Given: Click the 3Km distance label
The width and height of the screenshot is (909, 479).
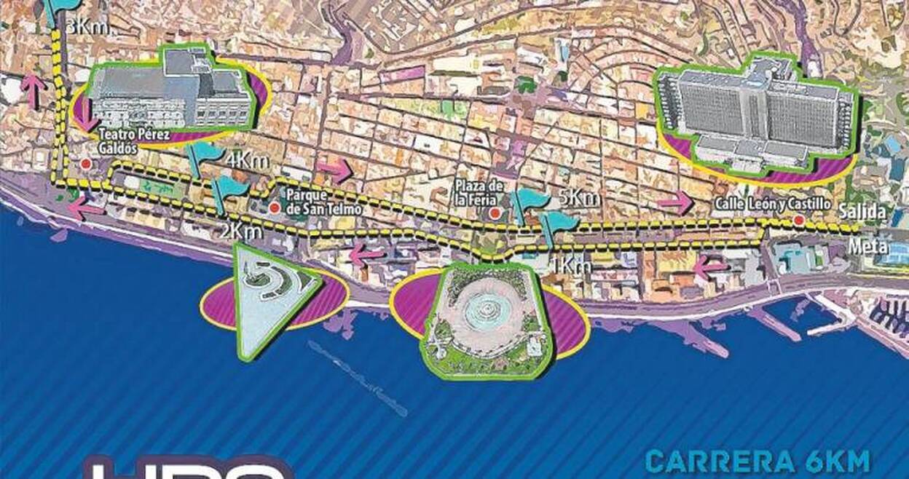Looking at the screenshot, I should click(87, 28).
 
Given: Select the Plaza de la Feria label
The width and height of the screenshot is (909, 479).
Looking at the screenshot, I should click(478, 191).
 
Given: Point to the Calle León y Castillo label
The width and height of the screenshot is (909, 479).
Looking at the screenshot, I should click(773, 205).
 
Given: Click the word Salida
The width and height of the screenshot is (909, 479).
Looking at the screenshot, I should click(862, 213).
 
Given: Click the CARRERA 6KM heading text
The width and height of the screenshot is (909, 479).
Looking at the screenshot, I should click(757, 462).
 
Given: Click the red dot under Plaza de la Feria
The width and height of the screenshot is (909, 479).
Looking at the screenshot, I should click(495, 213).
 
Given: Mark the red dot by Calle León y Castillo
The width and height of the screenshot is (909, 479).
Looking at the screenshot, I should click(799, 219).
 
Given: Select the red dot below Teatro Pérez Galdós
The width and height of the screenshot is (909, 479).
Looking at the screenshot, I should click(85, 165).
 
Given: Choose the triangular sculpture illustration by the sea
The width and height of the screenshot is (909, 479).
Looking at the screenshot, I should click(270, 295).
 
